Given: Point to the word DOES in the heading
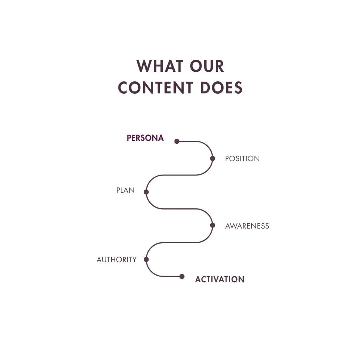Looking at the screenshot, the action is pyautogui.click(x=221, y=87).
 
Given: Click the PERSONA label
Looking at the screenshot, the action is pyautogui.click(x=145, y=138).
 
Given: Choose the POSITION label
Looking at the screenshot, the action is pyautogui.click(x=242, y=159).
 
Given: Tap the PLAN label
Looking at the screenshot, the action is pyautogui.click(x=125, y=191).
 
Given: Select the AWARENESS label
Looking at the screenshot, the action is pyautogui.click(x=247, y=226).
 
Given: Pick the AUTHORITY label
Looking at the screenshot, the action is pyautogui.click(x=116, y=260).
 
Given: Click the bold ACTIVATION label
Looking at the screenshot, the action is pyautogui.click(x=220, y=280).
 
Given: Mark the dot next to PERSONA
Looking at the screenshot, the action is pyautogui.click(x=177, y=141).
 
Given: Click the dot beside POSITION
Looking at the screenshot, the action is pyautogui.click(x=213, y=158).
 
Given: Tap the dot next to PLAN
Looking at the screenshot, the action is pyautogui.click(x=146, y=192).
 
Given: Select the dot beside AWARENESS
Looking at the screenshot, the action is pyautogui.click(x=213, y=225).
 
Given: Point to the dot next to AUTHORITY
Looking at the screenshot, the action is pyautogui.click(x=146, y=259).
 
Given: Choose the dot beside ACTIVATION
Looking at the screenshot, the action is pyautogui.click(x=182, y=276).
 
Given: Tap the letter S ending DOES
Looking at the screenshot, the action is pyautogui.click(x=238, y=87).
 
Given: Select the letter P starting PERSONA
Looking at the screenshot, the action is pyautogui.click(x=129, y=138).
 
